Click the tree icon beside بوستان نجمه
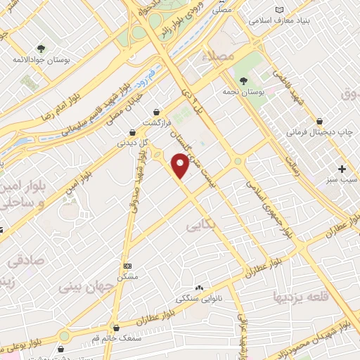[243, 81]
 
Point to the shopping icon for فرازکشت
[155, 111]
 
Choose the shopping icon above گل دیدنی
[133, 131]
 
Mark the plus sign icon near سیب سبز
[342, 169]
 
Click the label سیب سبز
[343, 181]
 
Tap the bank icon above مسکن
[127, 266]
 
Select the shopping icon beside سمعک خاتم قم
[115, 328]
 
